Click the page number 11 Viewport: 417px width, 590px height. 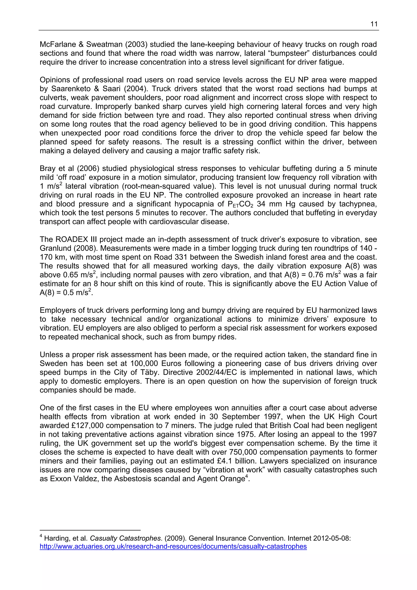[374, 24]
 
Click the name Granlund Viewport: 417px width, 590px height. [55, 248]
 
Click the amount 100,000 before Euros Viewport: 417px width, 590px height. [145, 364]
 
